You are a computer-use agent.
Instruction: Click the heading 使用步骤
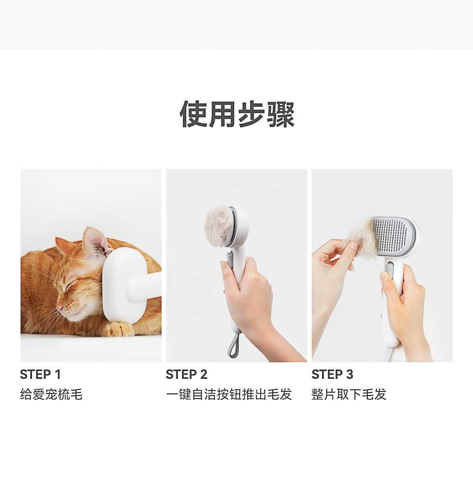click(x=237, y=114)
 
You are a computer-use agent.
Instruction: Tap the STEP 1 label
click(x=40, y=374)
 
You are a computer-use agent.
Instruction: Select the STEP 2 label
click(x=187, y=374)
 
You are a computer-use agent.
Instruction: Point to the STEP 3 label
click(x=333, y=374)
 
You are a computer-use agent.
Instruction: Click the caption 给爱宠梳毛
click(x=51, y=394)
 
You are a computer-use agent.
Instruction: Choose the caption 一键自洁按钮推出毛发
click(x=229, y=394)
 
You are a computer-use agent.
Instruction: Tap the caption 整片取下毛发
click(x=349, y=394)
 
